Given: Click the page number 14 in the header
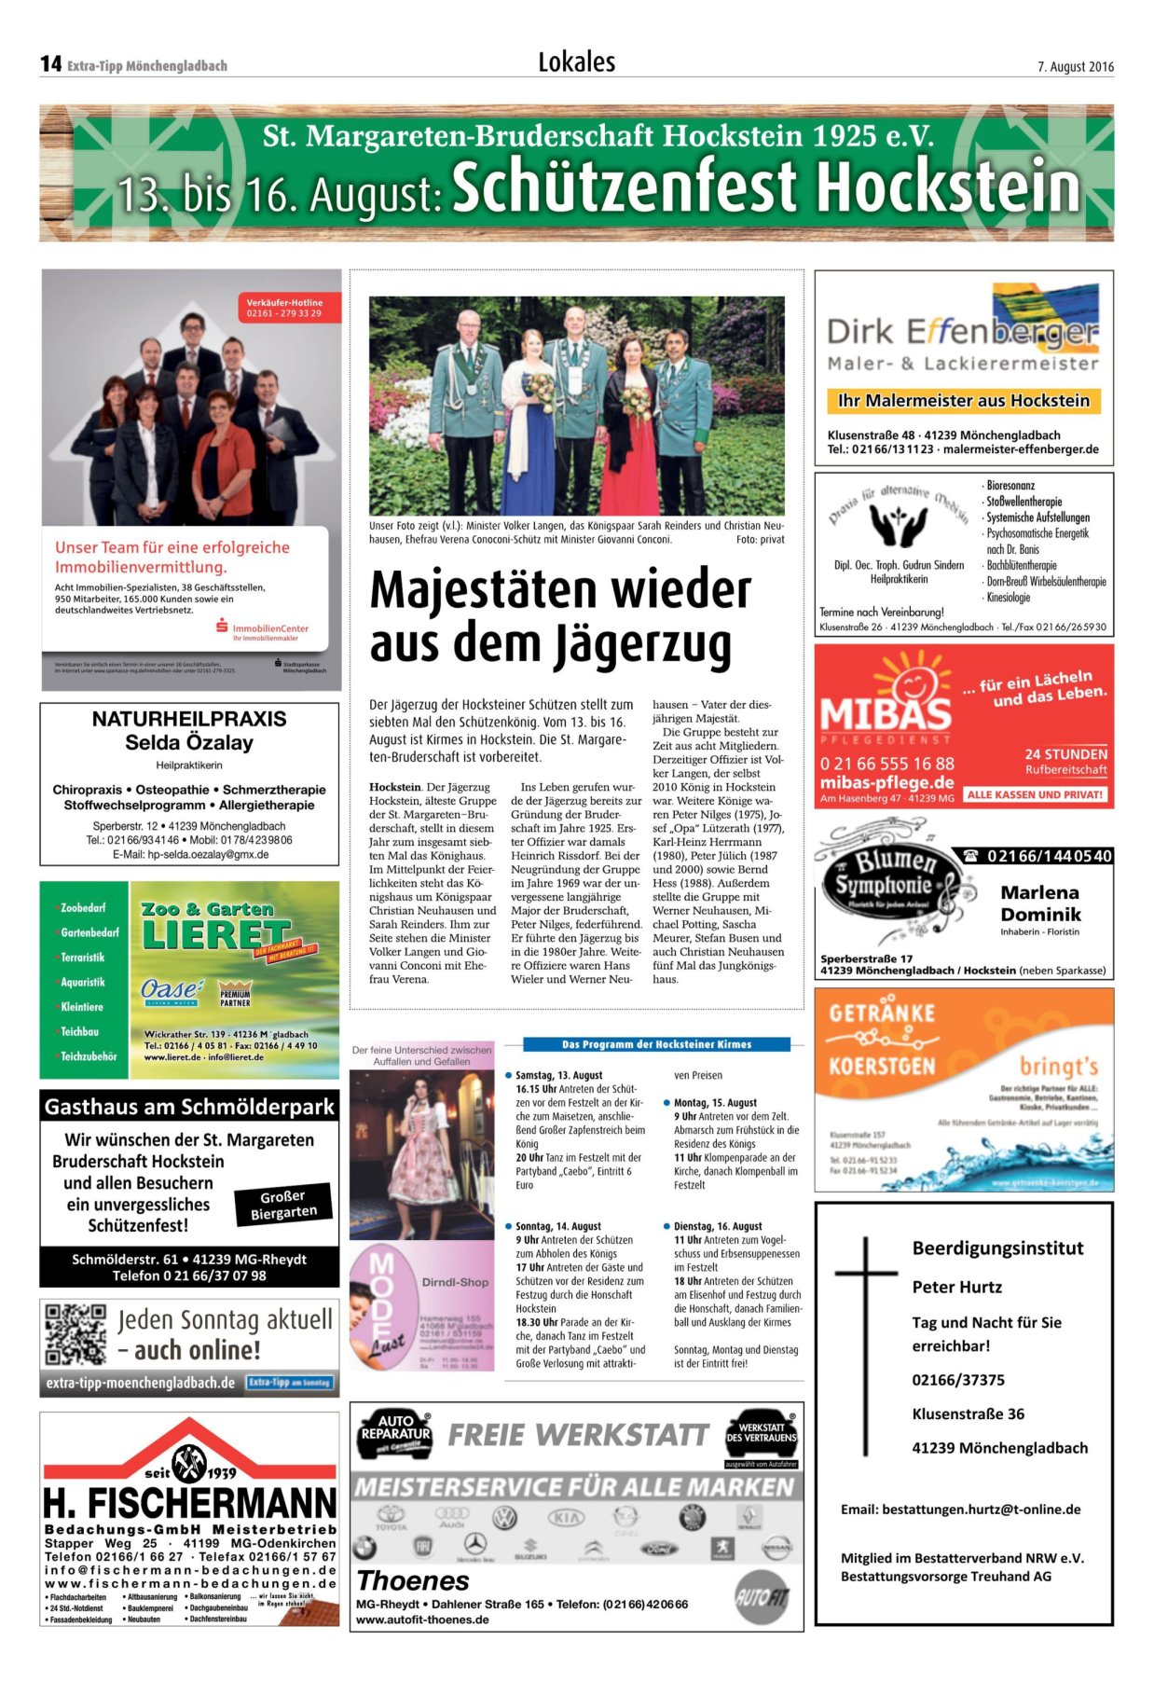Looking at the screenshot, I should click(50, 63).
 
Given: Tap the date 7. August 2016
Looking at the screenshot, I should click(1075, 66).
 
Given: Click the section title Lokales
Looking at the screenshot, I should click(576, 62).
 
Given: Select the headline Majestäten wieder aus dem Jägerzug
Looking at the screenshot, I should click(559, 616).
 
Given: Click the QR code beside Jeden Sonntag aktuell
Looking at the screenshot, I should click(76, 1334).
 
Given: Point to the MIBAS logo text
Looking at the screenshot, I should click(885, 714).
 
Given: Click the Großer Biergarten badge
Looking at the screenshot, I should click(283, 1204).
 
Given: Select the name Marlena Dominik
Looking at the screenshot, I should click(1040, 903).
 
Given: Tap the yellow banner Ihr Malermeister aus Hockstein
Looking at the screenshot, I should click(963, 401).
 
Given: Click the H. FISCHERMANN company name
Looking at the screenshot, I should click(189, 1502).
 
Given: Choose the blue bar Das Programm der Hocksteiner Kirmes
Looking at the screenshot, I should click(656, 1044).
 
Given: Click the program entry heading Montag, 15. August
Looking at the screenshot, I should click(715, 1102).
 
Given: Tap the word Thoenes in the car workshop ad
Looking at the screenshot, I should click(413, 1580).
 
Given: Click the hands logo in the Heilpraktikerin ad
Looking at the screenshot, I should click(898, 525).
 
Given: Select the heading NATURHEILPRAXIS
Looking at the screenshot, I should click(189, 719).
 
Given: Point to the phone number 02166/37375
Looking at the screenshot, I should click(958, 1380).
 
